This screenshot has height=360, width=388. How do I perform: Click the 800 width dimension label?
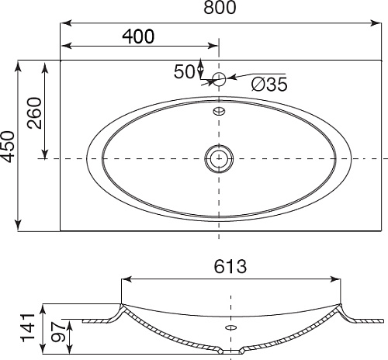click(220, 7)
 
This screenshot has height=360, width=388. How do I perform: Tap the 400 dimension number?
click(138, 36)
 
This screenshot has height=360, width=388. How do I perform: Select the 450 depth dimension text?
click(7, 147)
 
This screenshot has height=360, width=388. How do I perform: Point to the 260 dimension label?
click(34, 112)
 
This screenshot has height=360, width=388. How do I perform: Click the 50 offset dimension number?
click(184, 71)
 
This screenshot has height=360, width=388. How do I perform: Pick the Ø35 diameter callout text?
click(269, 84)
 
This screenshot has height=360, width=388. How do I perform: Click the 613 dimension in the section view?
click(230, 266)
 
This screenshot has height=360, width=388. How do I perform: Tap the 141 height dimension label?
click(28, 327)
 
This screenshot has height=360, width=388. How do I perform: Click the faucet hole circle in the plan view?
click(219, 79)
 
